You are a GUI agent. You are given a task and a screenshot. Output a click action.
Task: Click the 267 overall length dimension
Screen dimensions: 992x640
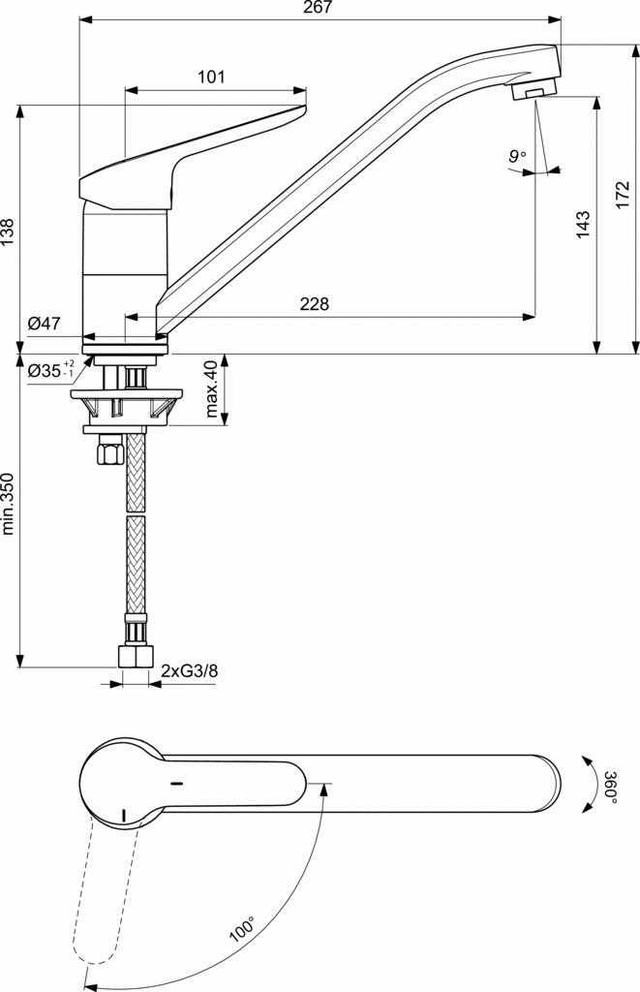point(318,8)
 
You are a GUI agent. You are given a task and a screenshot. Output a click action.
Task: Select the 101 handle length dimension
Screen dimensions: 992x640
point(211,77)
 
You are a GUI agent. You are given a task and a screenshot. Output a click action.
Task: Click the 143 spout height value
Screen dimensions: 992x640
point(583,226)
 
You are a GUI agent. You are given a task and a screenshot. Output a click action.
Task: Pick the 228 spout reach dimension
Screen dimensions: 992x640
point(314,304)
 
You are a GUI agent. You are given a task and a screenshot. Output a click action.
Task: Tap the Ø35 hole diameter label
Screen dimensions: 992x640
point(51,370)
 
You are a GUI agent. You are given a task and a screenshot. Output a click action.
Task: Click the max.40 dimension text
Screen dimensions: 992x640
point(211,388)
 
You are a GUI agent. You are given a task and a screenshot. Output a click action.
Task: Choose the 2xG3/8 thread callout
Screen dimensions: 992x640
point(189,670)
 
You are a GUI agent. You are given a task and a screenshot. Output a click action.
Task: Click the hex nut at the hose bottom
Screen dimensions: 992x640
point(135,656)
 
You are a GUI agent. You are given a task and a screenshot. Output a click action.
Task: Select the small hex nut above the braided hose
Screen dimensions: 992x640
point(108,452)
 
